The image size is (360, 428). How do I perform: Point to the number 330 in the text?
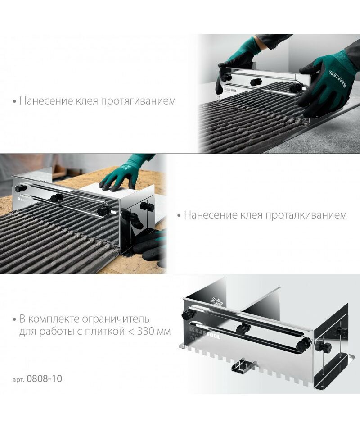coord(146,332)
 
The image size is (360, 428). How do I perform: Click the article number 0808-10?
coord(45,378)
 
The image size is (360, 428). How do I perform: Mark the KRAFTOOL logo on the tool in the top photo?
coord(230,90)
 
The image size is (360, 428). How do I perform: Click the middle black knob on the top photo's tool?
coord(256,82)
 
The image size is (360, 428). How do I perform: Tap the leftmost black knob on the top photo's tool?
coord(226,77)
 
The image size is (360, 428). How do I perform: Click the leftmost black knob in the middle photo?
coord(21,188)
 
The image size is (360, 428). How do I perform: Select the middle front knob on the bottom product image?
coord(243,328)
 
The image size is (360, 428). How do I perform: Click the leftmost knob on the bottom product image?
coord(188,315)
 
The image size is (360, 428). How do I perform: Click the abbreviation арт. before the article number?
coord(18,379)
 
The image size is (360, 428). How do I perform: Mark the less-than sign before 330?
coord(131,332)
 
